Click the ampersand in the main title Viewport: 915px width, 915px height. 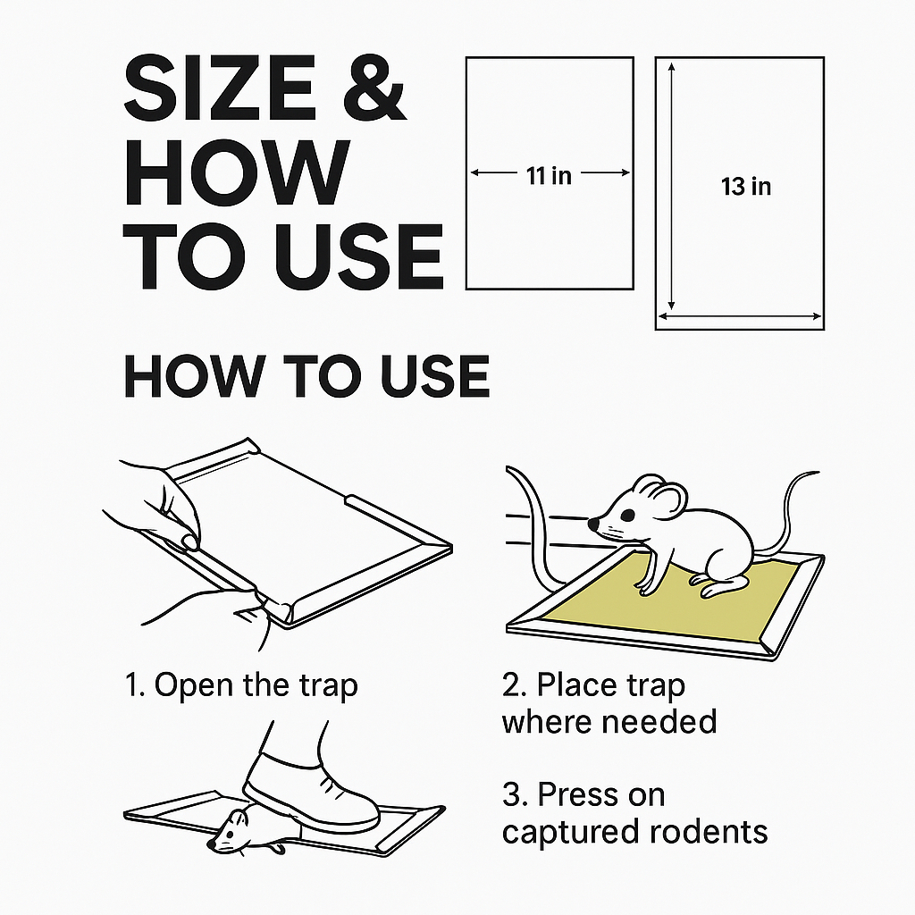pos(373,88)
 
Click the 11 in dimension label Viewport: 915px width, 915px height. pos(549,175)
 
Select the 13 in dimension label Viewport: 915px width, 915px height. pos(746,187)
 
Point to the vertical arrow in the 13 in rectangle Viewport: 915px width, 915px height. pos(672,186)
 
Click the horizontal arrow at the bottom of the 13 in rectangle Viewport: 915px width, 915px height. pos(740,317)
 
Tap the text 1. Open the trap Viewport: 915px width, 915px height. pos(241,684)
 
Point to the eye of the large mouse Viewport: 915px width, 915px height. pos(628,516)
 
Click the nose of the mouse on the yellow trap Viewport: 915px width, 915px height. pos(593,524)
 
